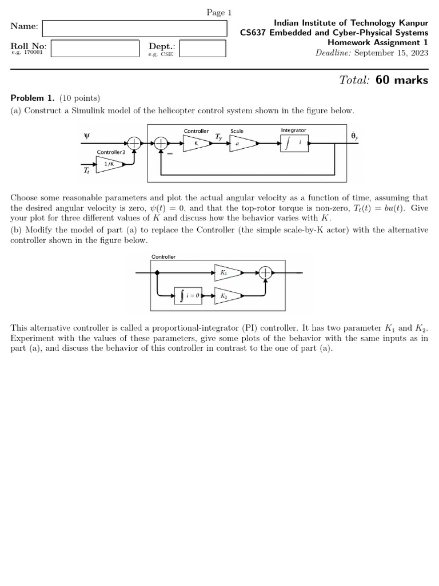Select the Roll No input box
(x=95, y=48)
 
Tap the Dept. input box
(x=202, y=48)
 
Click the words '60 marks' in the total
(x=402, y=80)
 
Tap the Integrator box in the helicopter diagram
(x=294, y=143)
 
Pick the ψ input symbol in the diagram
(x=87, y=136)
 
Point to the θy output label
(x=355, y=136)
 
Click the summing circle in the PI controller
(x=265, y=273)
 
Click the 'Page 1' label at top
(x=219, y=13)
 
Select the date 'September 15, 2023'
(x=391, y=53)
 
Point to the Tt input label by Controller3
(x=86, y=170)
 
